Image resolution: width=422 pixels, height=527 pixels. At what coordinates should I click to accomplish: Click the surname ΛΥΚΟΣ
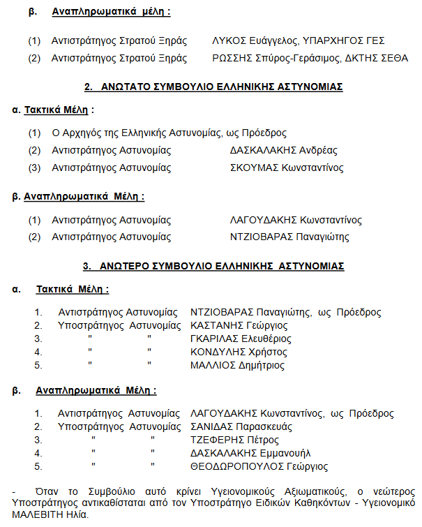tap(228, 41)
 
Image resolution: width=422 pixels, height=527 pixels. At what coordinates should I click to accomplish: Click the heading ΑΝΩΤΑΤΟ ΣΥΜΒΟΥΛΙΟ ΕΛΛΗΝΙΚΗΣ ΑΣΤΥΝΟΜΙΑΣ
tap(213, 87)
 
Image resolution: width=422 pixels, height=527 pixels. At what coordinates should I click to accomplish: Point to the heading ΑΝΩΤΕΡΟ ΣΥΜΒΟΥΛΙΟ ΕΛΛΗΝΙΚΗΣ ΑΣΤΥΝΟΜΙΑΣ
tap(213, 266)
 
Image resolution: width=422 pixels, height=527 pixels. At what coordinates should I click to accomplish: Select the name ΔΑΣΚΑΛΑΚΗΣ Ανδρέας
tap(283, 150)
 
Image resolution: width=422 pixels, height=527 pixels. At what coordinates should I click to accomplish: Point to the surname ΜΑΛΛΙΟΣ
tap(212, 365)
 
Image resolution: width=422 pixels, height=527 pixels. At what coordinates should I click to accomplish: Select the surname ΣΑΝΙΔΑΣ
tap(211, 426)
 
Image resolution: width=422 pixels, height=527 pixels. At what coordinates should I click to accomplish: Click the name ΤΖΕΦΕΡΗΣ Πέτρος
tap(234, 440)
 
